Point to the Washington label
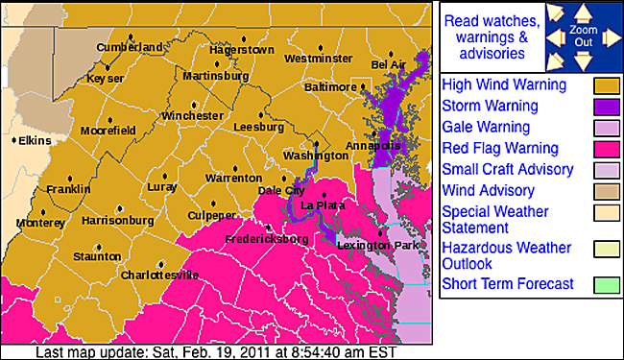pyautogui.click(x=316, y=155)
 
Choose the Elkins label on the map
pyautogui.click(x=35, y=140)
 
